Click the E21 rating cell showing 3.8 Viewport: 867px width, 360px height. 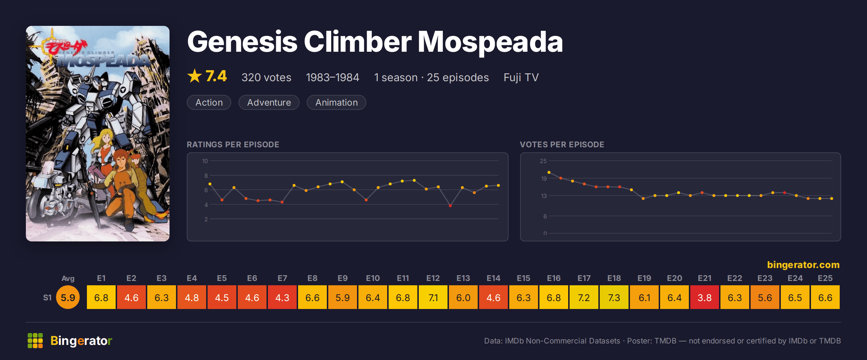coord(705,297)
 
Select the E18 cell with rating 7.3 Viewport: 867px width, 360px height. coord(614,297)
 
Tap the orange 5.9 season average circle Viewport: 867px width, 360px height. coord(68,297)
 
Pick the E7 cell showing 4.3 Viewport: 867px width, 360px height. coord(282,297)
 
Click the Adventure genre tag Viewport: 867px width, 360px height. coord(269,102)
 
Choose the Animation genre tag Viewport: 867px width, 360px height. coord(337,102)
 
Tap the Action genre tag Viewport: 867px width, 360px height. coord(209,102)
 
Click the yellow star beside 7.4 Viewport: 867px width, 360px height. coord(195,76)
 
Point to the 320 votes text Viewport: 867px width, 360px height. coord(266,77)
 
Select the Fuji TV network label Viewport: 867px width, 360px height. coord(521,77)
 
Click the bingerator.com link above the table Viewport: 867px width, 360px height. coord(803,265)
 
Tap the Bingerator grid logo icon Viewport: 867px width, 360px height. coord(35,341)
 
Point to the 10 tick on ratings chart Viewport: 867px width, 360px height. coord(205,161)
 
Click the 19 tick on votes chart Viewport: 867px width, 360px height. coord(544,179)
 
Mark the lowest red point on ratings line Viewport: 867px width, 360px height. coord(450,206)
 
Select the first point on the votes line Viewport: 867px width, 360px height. coord(549,172)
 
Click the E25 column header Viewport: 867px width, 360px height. coord(825,278)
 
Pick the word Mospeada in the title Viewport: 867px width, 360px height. coord(490,42)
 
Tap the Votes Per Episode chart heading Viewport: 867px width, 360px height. coord(562,144)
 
